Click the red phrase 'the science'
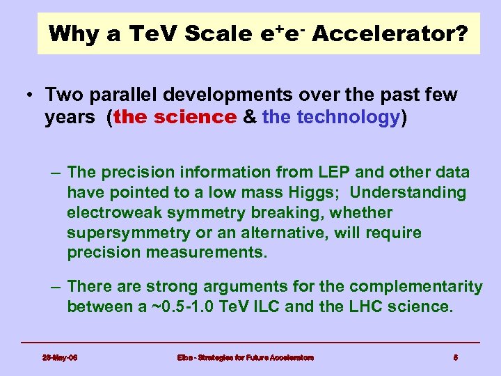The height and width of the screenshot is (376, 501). click(175, 117)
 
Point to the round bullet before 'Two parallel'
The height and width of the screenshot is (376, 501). click(32, 95)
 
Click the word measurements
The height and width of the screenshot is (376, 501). click(206, 253)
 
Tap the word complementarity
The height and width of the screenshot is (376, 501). click(415, 287)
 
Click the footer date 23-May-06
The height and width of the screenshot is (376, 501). click(60, 358)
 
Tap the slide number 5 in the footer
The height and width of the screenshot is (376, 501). click(455, 358)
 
